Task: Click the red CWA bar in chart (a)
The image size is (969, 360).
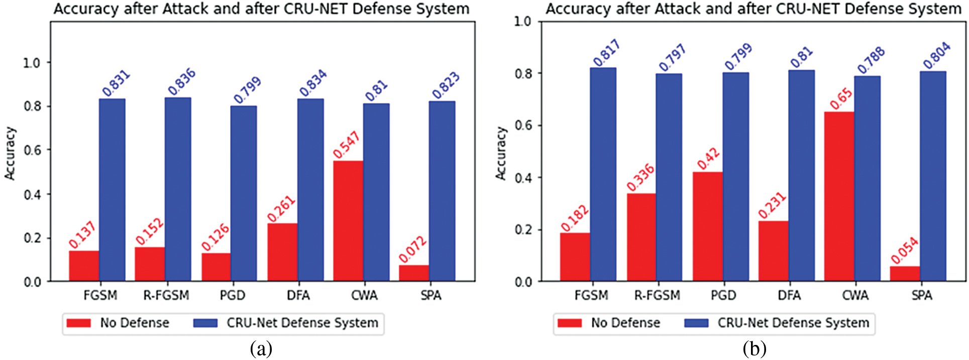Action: click(348, 221)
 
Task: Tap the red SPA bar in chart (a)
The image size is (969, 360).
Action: click(414, 273)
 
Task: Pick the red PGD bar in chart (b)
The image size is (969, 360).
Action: click(707, 226)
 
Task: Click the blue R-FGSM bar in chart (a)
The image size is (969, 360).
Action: click(178, 189)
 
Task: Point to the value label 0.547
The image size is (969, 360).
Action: click(347, 145)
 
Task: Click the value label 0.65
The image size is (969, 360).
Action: click(841, 98)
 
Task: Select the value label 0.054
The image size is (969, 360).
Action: click(905, 251)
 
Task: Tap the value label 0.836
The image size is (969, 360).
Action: click(181, 82)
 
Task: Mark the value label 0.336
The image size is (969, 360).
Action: click(640, 177)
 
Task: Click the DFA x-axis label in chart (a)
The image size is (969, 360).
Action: click(298, 295)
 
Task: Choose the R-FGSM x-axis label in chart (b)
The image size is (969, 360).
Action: click(657, 295)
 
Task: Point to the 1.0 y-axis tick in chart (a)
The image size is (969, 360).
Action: click(32, 63)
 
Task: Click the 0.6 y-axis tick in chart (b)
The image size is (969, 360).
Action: click(523, 125)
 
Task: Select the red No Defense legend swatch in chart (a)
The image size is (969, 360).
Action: click(79, 323)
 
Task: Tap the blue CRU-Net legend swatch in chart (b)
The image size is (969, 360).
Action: click(696, 323)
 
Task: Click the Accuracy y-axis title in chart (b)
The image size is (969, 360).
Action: click(501, 153)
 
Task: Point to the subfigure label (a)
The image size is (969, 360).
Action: click(261, 348)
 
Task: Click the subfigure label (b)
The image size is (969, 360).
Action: click(755, 348)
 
